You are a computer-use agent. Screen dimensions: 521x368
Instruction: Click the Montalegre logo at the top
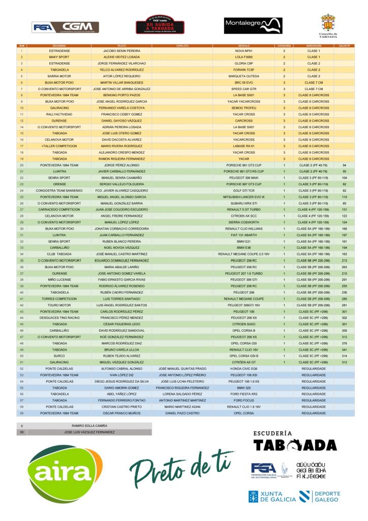tap(253, 25)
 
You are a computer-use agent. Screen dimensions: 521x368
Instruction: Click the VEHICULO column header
tap(243, 45)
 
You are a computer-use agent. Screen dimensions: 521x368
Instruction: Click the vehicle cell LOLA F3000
tap(243, 57)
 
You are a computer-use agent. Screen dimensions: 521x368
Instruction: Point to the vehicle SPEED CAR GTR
tap(243, 89)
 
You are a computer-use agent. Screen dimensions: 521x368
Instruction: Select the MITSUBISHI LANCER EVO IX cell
tap(243, 196)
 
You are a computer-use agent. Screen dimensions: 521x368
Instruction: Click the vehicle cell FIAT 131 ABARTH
tap(243, 235)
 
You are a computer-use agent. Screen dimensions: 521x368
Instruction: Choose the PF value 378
tap(344, 343)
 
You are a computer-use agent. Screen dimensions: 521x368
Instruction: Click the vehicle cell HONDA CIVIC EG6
tap(243, 368)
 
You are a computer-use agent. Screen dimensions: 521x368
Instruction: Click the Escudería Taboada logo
tap(295, 442)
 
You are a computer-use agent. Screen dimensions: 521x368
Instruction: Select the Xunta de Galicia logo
tap(272, 497)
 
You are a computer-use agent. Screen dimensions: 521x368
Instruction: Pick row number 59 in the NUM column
tap(22, 413)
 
